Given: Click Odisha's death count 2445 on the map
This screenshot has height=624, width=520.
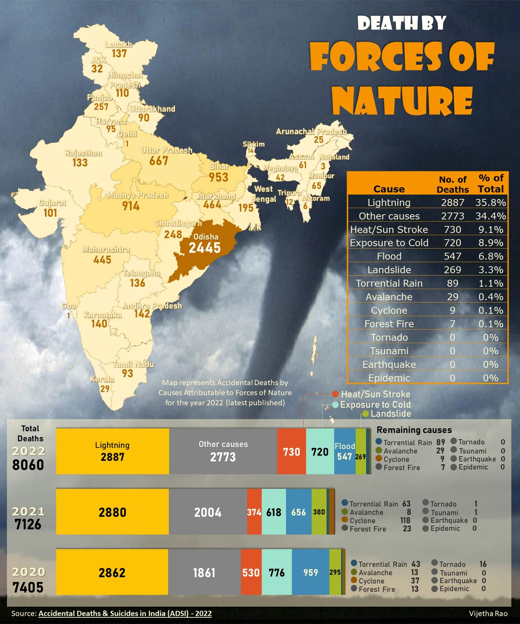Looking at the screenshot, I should (x=205, y=248).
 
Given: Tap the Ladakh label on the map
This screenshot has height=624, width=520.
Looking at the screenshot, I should (x=118, y=44).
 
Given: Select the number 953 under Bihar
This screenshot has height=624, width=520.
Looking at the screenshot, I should (x=218, y=177).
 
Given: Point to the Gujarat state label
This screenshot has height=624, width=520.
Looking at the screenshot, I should (x=52, y=203).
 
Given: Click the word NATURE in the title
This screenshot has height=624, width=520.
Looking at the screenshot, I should (x=402, y=101).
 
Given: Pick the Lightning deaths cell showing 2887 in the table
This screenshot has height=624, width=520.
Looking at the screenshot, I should (x=453, y=203).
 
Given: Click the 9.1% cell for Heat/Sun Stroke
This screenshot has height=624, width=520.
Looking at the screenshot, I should (x=491, y=230).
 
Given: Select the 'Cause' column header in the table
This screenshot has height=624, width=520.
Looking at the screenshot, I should (x=389, y=189).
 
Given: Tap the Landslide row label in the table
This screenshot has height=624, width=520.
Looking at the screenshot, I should (x=389, y=270).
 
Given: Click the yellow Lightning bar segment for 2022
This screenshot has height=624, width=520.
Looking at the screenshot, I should (x=113, y=451).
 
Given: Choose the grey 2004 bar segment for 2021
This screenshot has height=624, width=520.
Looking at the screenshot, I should (x=208, y=512).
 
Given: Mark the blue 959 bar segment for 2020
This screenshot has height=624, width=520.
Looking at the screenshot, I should (x=311, y=572).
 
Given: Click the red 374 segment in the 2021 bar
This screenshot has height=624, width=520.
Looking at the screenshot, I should (x=254, y=512).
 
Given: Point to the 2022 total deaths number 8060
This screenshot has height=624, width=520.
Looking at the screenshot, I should (x=28, y=465).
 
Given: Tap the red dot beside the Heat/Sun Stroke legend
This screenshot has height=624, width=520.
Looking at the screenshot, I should (x=335, y=394).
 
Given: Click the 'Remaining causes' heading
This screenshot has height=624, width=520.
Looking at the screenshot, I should (x=414, y=430).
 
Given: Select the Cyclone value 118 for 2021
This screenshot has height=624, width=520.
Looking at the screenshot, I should (x=405, y=520).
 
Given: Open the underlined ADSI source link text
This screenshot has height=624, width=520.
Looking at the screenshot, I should (x=125, y=613).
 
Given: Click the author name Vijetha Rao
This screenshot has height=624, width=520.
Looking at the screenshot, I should (x=488, y=613).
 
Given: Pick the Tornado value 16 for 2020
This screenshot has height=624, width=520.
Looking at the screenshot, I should (x=483, y=564).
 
